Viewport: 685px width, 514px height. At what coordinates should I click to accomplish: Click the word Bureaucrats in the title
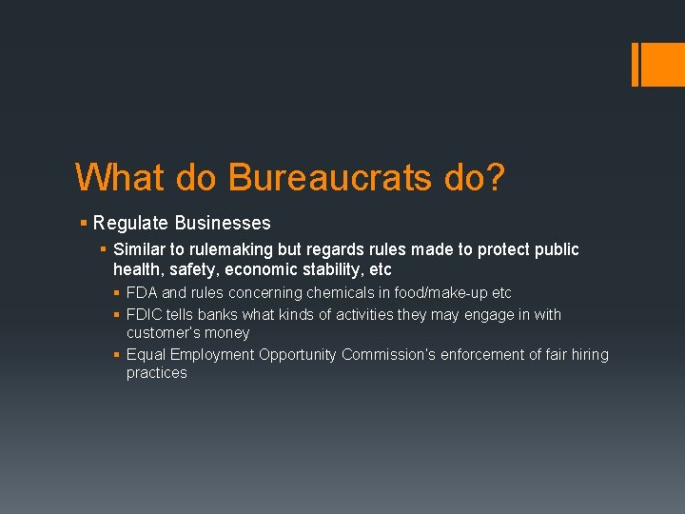(x=329, y=177)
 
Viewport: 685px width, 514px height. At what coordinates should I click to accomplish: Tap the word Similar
(x=142, y=249)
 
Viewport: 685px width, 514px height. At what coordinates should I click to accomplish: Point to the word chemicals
(x=342, y=293)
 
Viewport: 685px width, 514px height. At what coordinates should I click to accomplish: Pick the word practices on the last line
(x=157, y=373)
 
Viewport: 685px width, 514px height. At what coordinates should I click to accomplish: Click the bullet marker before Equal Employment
(x=116, y=355)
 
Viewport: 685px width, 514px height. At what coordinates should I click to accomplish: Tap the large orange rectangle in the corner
(x=658, y=64)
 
